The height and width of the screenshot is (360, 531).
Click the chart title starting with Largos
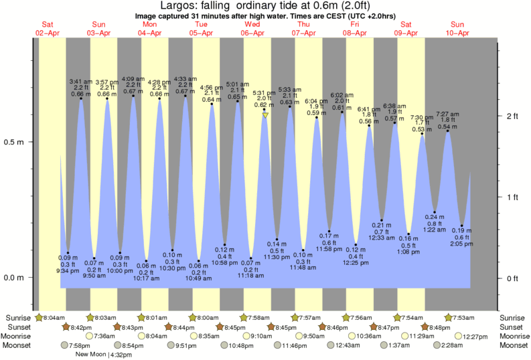265,7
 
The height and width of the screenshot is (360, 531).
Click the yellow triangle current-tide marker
266,115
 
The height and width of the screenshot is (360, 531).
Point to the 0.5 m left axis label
15,143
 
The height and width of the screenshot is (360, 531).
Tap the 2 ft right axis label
513,116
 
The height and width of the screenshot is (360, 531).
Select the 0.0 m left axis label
15,278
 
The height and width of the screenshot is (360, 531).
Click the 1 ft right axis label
513,197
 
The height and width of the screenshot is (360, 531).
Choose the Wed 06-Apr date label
252,28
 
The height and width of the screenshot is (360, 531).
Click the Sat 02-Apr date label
48,28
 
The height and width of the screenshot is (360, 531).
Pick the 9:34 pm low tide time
69,270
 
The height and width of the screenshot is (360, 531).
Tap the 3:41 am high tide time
81,82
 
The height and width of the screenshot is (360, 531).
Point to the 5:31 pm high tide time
264,92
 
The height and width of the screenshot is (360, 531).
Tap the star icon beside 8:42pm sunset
66,327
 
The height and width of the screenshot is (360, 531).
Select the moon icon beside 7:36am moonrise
90,336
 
